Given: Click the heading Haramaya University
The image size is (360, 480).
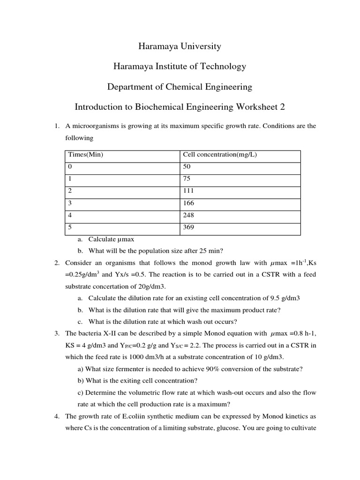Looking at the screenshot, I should [x=180, y=46].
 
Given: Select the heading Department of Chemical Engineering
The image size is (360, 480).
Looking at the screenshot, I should [x=180, y=87].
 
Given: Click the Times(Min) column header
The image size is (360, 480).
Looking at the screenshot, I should [x=86, y=155].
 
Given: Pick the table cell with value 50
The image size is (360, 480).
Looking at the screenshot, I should [x=187, y=167].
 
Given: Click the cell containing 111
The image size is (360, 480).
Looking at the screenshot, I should [x=188, y=191].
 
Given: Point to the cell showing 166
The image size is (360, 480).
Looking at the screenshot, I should [x=188, y=203].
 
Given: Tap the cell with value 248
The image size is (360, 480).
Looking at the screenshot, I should [x=188, y=215].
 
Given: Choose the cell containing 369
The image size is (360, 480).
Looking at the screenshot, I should [x=188, y=227].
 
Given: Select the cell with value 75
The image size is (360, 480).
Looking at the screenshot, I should [x=187, y=179].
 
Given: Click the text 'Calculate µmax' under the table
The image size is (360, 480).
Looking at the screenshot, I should [x=111, y=239].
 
